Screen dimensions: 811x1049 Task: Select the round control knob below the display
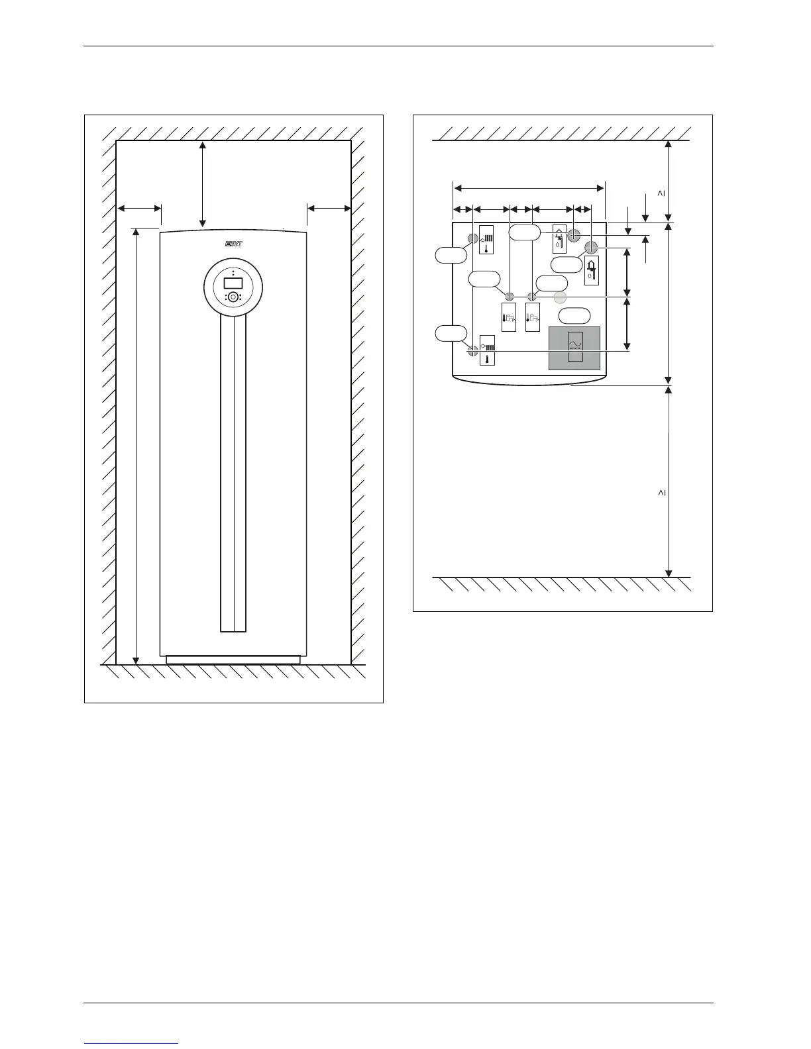[x=233, y=297]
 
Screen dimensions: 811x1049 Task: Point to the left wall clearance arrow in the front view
[x=139, y=209]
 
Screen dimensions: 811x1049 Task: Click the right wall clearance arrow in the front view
[x=329, y=209]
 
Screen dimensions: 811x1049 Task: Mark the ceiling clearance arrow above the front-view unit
[x=203, y=183]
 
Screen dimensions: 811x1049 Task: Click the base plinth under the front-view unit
[x=233, y=660]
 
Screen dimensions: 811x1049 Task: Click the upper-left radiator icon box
[x=486, y=242]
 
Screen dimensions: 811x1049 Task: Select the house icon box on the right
[x=592, y=270]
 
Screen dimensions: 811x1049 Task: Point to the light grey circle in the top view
[x=561, y=297]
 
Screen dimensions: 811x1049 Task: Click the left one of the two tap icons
[x=509, y=318]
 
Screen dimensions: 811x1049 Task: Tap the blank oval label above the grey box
[x=574, y=317]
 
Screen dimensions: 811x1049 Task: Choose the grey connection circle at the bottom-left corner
[x=472, y=351]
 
